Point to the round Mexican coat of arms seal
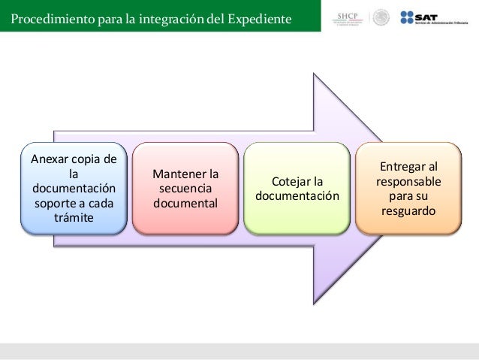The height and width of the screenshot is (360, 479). pyautogui.click(x=381, y=17)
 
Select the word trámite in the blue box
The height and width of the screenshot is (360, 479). pyautogui.click(x=74, y=218)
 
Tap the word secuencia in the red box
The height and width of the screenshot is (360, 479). pyautogui.click(x=184, y=189)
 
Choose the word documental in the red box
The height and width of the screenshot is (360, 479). pyautogui.click(x=185, y=204)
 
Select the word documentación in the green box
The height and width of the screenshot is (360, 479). pyautogui.click(x=297, y=197)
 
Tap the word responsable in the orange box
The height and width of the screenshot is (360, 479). pyautogui.click(x=409, y=182)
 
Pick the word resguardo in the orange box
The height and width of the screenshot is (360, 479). pyautogui.click(x=408, y=211)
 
